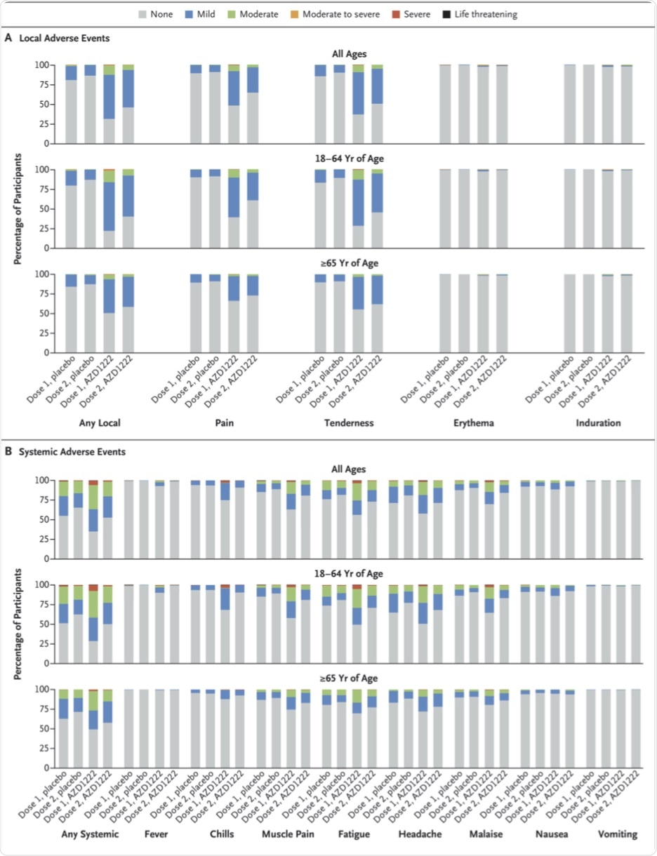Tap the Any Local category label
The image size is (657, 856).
click(x=98, y=424)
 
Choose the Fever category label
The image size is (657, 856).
click(x=155, y=835)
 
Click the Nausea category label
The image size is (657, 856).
click(x=551, y=835)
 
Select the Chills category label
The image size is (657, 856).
click(x=221, y=835)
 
